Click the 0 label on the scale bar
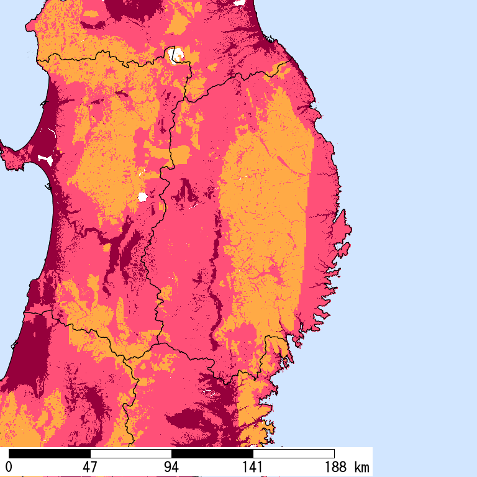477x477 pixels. (9, 466)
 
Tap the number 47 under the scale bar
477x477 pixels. (90, 466)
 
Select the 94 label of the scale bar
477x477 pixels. (171, 466)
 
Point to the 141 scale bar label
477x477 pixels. (253, 466)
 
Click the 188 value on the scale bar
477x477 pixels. (334, 466)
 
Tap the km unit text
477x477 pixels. (361, 466)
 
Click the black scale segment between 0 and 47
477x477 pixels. (50, 453)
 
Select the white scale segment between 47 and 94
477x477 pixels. (131, 453)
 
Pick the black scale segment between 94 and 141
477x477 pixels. (212, 453)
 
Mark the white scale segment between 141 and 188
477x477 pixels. (294, 453)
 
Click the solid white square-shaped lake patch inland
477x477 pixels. (142, 197)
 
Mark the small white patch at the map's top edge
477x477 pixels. (238, 2)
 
